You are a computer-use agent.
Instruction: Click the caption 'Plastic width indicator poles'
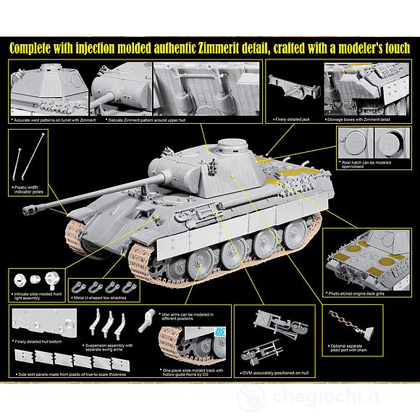(30, 190)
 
